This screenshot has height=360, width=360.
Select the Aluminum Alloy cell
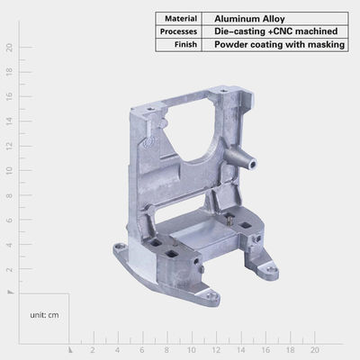pyautogui.click(x=249, y=19)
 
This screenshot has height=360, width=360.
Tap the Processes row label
pyautogui.click(x=178, y=31)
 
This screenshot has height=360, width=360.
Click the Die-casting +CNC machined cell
pyautogui.click(x=276, y=31)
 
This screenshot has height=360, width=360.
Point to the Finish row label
pyautogui.click(x=185, y=44)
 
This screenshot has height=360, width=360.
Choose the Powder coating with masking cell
pyautogui.click(x=279, y=45)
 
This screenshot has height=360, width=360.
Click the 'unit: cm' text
pyautogui.click(x=44, y=315)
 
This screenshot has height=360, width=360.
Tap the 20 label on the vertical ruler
pyautogui.click(x=10, y=48)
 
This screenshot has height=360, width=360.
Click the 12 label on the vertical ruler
pyautogui.click(x=10, y=146)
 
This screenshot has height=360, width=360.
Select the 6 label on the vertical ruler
pyautogui.click(x=10, y=220)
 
